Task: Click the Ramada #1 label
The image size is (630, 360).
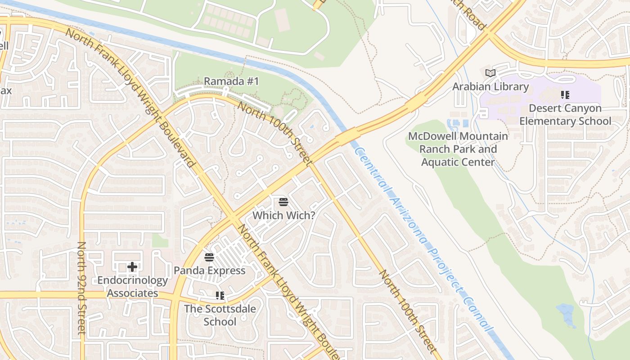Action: coord(231,81)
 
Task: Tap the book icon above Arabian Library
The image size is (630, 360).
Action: coord(490,73)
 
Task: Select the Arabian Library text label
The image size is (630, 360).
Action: coord(490,87)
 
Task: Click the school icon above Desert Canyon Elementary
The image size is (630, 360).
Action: coord(565,95)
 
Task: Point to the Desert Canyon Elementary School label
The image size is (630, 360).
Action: coord(565,115)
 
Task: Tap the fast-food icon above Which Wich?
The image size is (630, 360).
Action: coord(283,202)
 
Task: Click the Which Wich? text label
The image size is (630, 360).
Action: coord(283,216)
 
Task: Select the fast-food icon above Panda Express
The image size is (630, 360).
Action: coord(209,257)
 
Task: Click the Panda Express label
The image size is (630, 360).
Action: coord(210,270)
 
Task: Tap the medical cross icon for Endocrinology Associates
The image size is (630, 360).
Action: coord(132,267)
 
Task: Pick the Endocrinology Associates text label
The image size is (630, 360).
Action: coord(132,287)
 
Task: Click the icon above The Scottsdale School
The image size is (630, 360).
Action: coord(220,296)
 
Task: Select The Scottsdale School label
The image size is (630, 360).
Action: coord(220,315)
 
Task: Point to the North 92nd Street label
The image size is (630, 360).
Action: coord(81,288)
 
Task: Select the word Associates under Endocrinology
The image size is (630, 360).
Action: coord(132,293)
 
